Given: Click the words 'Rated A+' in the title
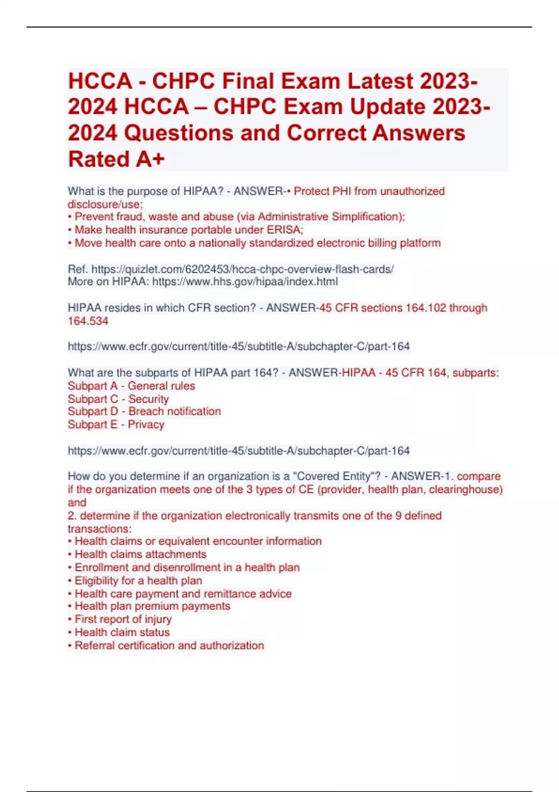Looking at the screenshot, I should (116, 159).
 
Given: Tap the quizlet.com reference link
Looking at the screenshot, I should (242, 269).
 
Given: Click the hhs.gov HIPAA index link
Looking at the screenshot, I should (245, 282).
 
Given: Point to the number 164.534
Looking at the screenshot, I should (88, 321).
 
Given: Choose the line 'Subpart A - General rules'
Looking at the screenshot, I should (131, 386).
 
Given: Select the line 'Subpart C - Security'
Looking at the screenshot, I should (118, 399).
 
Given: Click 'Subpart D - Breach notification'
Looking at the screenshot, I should (144, 411).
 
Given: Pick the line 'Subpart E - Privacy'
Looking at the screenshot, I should (116, 424).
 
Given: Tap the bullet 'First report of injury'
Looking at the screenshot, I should (123, 619).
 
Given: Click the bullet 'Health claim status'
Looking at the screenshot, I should (122, 632).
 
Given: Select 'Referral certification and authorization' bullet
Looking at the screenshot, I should (169, 645).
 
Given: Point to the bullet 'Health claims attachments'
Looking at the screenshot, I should (140, 554).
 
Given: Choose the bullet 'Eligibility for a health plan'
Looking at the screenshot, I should (138, 580).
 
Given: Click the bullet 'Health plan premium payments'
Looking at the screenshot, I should (152, 606).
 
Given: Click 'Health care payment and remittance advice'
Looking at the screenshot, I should (183, 594).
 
